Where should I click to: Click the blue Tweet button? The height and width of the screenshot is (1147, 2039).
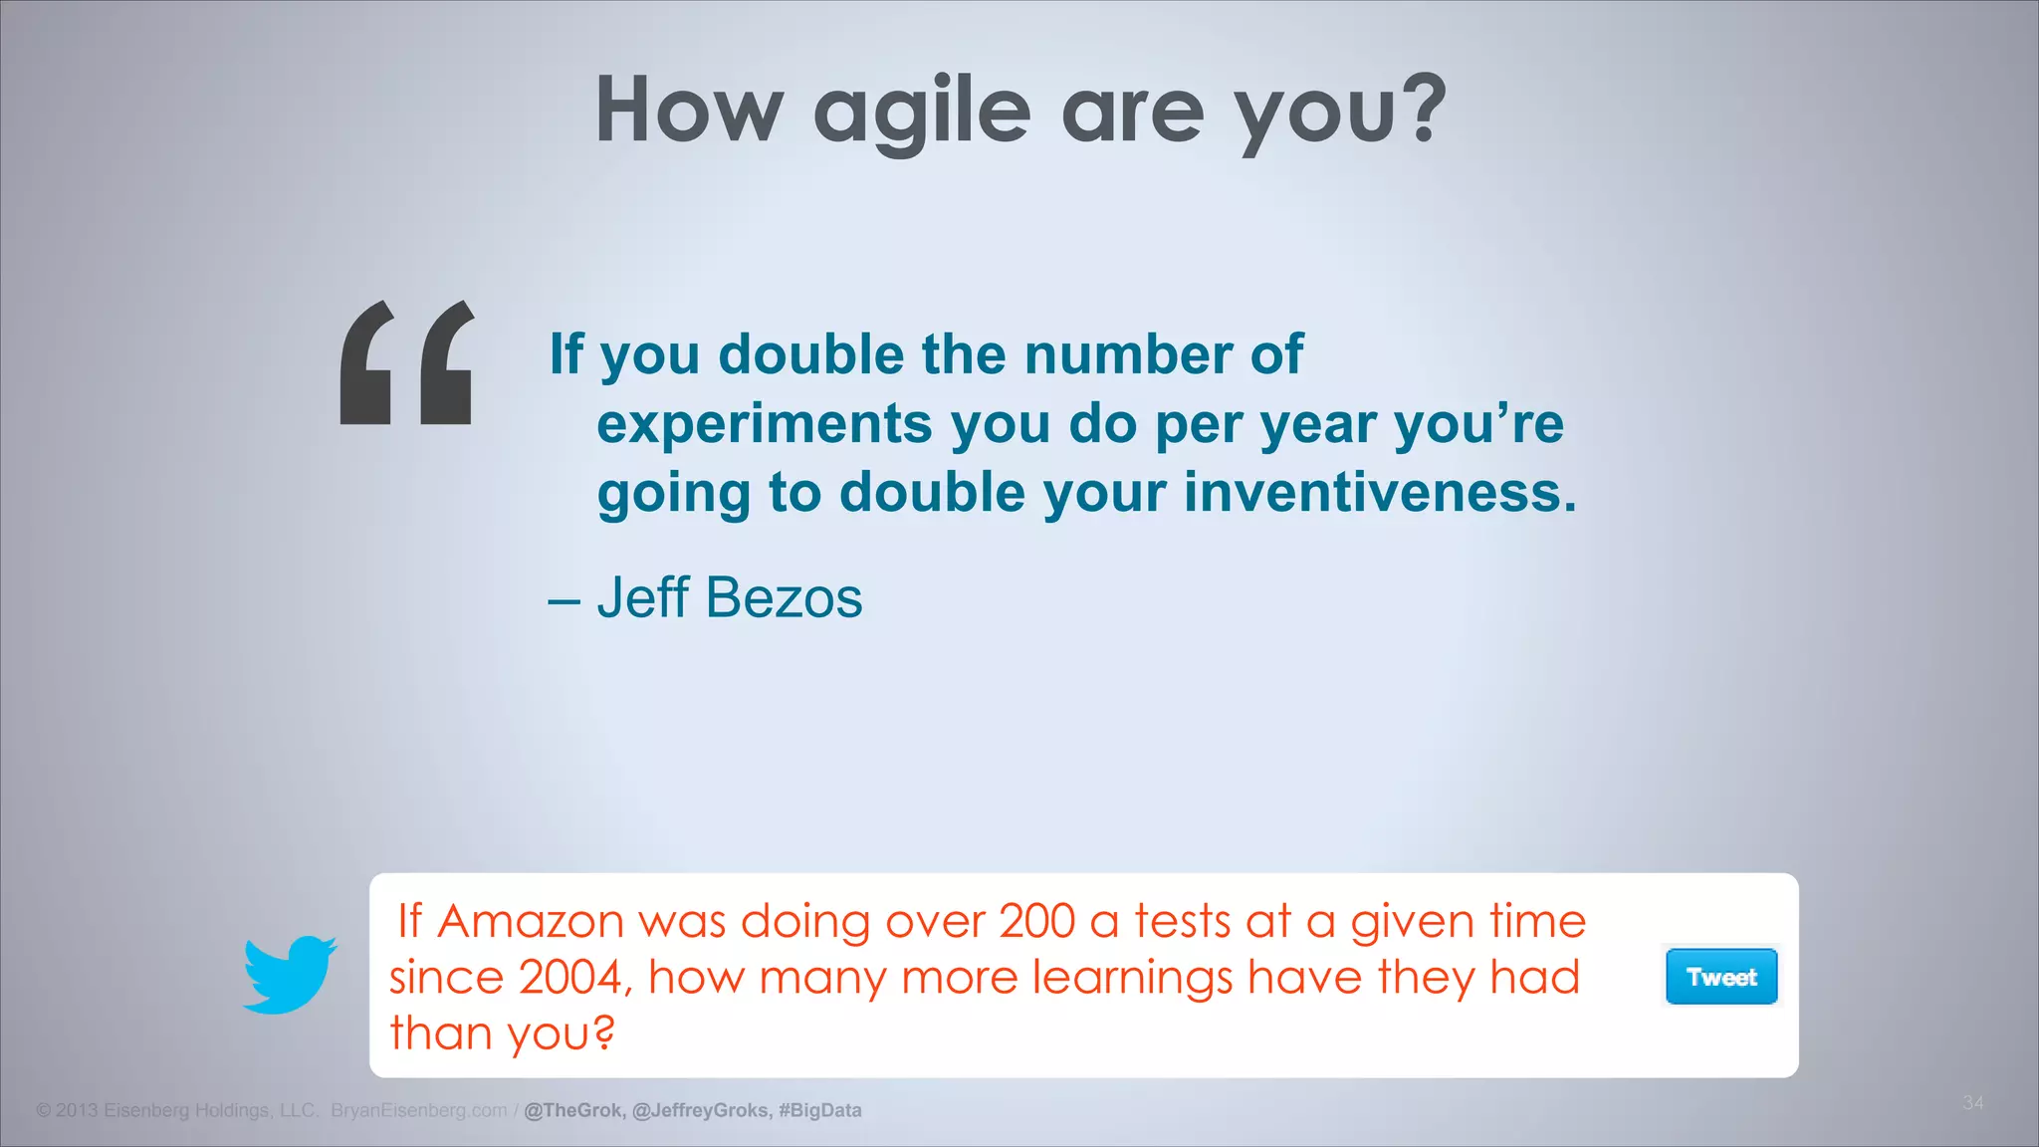1721,977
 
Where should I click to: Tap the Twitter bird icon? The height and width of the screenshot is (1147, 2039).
290,974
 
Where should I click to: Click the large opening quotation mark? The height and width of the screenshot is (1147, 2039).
406,363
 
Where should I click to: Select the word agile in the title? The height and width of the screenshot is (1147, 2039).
922,112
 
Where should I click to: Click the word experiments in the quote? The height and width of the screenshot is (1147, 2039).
764,424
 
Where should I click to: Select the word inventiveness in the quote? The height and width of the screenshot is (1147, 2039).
1380,493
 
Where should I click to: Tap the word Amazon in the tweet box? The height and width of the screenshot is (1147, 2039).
531,921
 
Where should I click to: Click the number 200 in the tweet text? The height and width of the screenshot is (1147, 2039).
1036,921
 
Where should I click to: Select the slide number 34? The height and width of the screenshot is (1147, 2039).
1972,1102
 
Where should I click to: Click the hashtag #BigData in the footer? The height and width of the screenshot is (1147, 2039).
820,1110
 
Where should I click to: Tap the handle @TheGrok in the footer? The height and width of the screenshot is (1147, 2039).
573,1110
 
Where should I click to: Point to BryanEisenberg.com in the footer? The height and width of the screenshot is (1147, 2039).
418,1110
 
